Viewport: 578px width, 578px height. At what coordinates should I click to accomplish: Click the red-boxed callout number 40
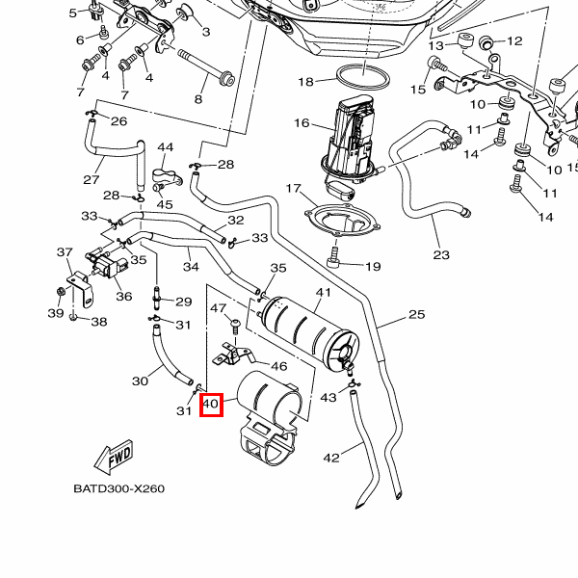tap(211, 405)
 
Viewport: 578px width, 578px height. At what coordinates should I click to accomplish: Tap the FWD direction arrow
tap(114, 456)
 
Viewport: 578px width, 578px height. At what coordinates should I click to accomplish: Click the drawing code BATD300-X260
tap(118, 488)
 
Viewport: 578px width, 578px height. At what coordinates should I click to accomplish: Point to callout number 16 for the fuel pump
tap(302, 123)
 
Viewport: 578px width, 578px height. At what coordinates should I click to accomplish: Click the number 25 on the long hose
tap(416, 314)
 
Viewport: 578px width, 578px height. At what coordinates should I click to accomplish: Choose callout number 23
tap(441, 254)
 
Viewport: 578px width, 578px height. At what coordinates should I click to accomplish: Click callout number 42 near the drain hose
tap(331, 458)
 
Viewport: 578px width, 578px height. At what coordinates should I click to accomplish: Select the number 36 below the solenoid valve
tap(123, 296)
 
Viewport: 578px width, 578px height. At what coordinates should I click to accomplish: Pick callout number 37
tap(65, 252)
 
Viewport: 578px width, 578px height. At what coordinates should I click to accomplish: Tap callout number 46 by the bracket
tap(278, 366)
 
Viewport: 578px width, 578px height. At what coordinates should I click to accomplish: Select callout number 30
tap(140, 381)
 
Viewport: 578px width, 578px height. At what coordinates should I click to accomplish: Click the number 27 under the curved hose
tap(92, 180)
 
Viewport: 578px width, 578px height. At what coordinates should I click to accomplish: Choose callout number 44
tap(165, 147)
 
